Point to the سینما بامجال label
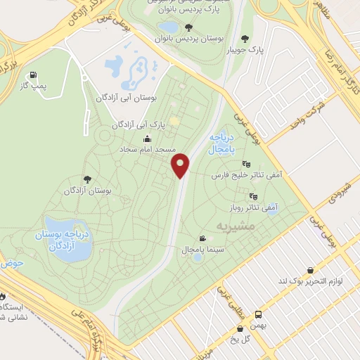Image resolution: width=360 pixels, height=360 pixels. tap(182, 250)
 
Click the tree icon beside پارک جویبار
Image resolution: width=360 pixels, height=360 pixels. tap(245, 39)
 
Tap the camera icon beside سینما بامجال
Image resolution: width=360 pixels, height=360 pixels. tap(203, 239)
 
